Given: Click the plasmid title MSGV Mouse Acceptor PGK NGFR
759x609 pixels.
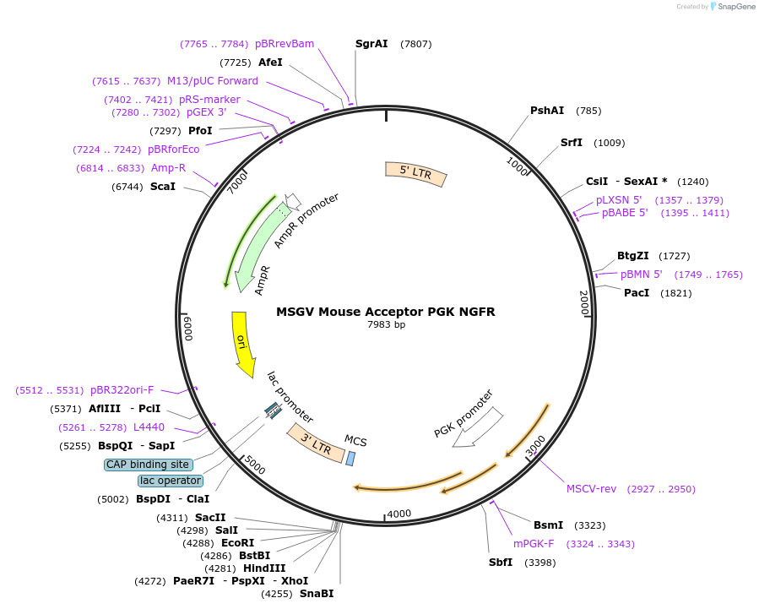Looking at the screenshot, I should (x=386, y=312).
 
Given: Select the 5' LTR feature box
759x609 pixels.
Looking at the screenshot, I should (x=415, y=174).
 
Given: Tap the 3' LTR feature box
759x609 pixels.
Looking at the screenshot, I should (x=316, y=443).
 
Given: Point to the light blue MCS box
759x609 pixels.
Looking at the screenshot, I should (x=350, y=458).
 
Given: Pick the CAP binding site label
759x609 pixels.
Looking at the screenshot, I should (x=148, y=465).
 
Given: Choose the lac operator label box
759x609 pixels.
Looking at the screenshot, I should (x=171, y=481).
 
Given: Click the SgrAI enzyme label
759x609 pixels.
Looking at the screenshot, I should (x=371, y=43).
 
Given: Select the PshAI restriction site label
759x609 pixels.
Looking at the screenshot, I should (x=547, y=111).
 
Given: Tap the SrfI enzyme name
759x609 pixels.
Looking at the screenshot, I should (x=572, y=143).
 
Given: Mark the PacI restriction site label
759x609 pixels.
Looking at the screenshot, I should (x=637, y=293).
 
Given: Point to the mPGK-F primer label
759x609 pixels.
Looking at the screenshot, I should (x=534, y=544).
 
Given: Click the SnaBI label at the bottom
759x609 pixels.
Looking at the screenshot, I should (x=317, y=594).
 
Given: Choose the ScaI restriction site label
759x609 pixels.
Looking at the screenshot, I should (x=163, y=186).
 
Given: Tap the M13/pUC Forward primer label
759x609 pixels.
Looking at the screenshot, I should (x=213, y=81).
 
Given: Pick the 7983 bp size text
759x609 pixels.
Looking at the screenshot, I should (x=386, y=325).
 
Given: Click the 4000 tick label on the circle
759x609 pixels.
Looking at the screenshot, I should (x=398, y=514).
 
